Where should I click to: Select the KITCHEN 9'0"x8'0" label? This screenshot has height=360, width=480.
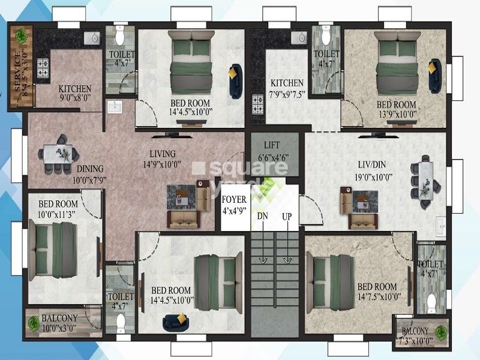click(75, 93)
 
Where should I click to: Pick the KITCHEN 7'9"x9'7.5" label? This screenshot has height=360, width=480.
click(287, 88)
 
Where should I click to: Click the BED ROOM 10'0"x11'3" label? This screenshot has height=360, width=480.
click(58, 208)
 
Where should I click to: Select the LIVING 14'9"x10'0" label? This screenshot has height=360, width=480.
click(163, 159)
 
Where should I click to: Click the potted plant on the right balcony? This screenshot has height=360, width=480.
click(441, 331)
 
